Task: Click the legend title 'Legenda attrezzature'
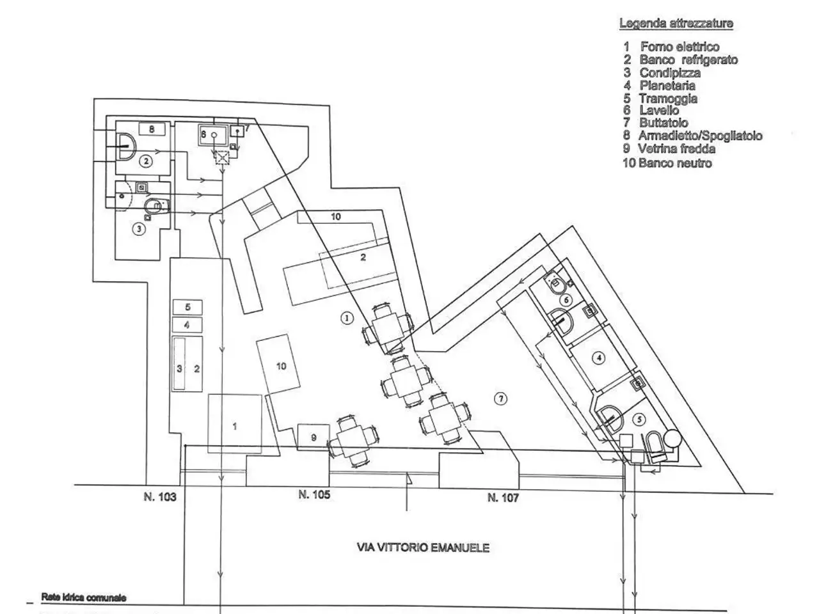pyautogui.click(x=676, y=24)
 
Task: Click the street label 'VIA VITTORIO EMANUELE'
pyautogui.click(x=423, y=547)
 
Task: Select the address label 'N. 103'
pyautogui.click(x=160, y=497)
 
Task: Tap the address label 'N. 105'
pyautogui.click(x=314, y=494)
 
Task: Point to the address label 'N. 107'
pyautogui.click(x=502, y=498)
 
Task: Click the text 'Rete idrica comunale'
pyautogui.click(x=84, y=597)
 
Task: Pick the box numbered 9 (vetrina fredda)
pyautogui.click(x=314, y=437)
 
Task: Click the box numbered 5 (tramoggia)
pyautogui.click(x=187, y=307)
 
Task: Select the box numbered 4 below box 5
pyautogui.click(x=187, y=325)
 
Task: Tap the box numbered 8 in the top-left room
pyautogui.click(x=152, y=129)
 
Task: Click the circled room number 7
pyautogui.click(x=500, y=399)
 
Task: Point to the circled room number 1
pyautogui.click(x=347, y=318)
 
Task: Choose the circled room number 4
pyautogui.click(x=599, y=358)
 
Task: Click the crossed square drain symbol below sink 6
pyautogui.click(x=222, y=158)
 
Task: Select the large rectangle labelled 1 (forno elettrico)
pyautogui.click(x=235, y=423)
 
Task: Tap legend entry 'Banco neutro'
pyautogui.click(x=667, y=163)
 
